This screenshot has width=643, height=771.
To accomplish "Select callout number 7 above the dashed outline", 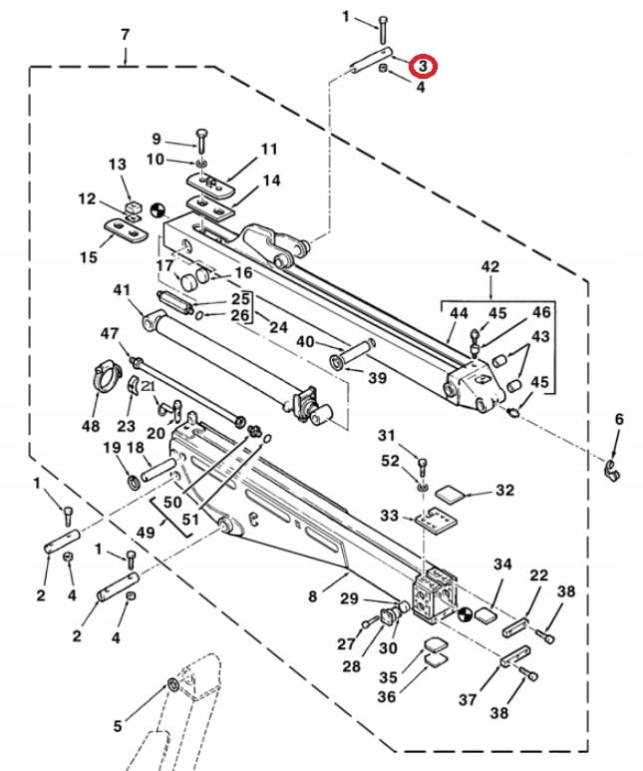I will point(125,34).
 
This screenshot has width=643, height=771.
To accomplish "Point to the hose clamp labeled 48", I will point(103,379).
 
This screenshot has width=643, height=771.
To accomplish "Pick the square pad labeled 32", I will point(454,491).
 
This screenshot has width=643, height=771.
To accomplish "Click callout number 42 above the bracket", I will point(489,266).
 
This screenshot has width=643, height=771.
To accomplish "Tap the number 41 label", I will point(122,290).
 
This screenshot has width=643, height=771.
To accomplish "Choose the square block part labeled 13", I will point(129,207).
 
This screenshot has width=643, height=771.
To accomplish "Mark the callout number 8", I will point(312,596).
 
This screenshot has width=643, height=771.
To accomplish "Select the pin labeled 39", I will point(350,352).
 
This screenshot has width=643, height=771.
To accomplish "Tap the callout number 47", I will point(110,332).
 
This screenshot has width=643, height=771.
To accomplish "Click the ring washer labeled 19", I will point(133,483).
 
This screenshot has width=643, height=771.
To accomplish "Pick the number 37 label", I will point(468,700).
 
